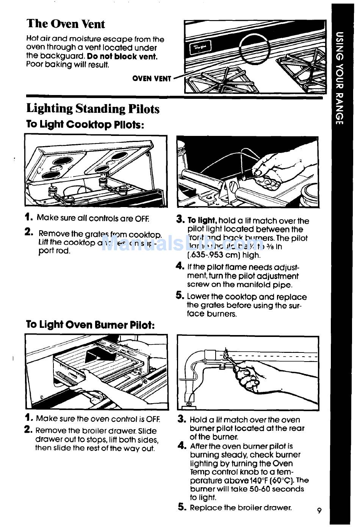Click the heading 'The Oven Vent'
coord(66,23)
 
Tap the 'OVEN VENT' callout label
coord(152,79)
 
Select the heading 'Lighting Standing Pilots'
coord(93,109)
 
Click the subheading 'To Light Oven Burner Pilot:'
coord(90,325)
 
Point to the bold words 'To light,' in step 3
coord(202,221)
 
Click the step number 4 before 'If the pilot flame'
coord(180,266)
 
